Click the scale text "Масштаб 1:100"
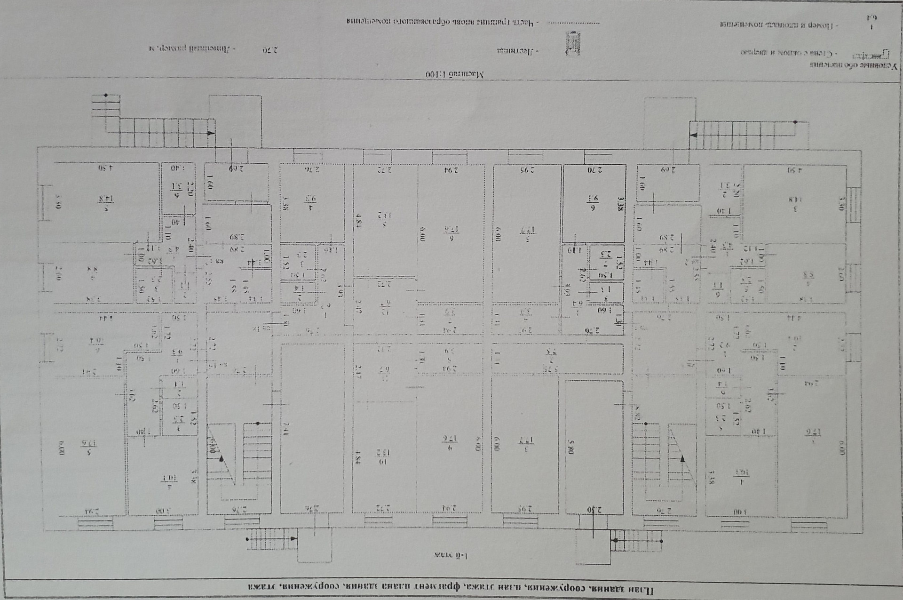pos(455,74)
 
